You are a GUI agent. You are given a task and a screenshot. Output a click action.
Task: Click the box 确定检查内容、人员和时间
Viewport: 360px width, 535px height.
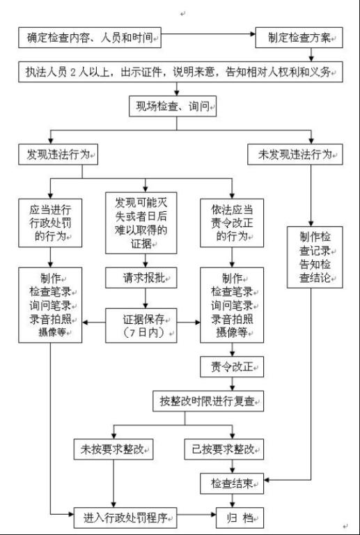tap(90, 38)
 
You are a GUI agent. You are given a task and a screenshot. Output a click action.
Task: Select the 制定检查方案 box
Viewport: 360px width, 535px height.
tap(299, 38)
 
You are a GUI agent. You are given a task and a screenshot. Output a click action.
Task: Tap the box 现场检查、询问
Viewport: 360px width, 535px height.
tap(173, 106)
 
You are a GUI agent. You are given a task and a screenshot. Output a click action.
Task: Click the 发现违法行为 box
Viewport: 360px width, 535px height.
tap(58, 155)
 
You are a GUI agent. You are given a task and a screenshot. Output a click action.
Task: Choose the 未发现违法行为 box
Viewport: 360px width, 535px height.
tap(295, 155)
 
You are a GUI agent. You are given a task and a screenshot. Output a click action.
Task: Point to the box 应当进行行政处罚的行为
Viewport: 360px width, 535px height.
tap(50, 223)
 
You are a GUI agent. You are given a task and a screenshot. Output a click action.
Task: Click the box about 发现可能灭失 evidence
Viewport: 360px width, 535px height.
tap(141, 223)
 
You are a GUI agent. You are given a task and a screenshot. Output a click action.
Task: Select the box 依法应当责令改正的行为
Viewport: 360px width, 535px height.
tap(232, 223)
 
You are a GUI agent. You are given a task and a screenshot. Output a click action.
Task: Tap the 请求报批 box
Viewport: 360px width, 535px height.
tap(141, 278)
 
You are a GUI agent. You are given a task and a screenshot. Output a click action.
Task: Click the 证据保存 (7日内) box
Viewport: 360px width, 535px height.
tap(141, 325)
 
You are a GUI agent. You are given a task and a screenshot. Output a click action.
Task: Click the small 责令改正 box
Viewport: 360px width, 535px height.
tap(232, 367)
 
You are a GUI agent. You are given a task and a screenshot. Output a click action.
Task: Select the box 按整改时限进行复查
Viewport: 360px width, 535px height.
tap(208, 401)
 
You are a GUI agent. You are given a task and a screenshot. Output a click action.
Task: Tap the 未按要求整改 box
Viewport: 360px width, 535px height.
tap(114, 449)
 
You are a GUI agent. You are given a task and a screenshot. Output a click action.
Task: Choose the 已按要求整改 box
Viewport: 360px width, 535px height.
tap(224, 449)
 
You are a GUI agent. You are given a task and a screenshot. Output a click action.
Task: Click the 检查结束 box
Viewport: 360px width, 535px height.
tap(232, 483)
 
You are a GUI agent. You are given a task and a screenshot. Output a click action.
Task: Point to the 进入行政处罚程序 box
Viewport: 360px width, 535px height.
tap(125, 518)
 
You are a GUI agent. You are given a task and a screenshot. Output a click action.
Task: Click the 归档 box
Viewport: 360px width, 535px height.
tap(240, 518)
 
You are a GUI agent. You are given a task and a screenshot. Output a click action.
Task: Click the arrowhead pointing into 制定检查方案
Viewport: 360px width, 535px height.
tap(253, 34)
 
